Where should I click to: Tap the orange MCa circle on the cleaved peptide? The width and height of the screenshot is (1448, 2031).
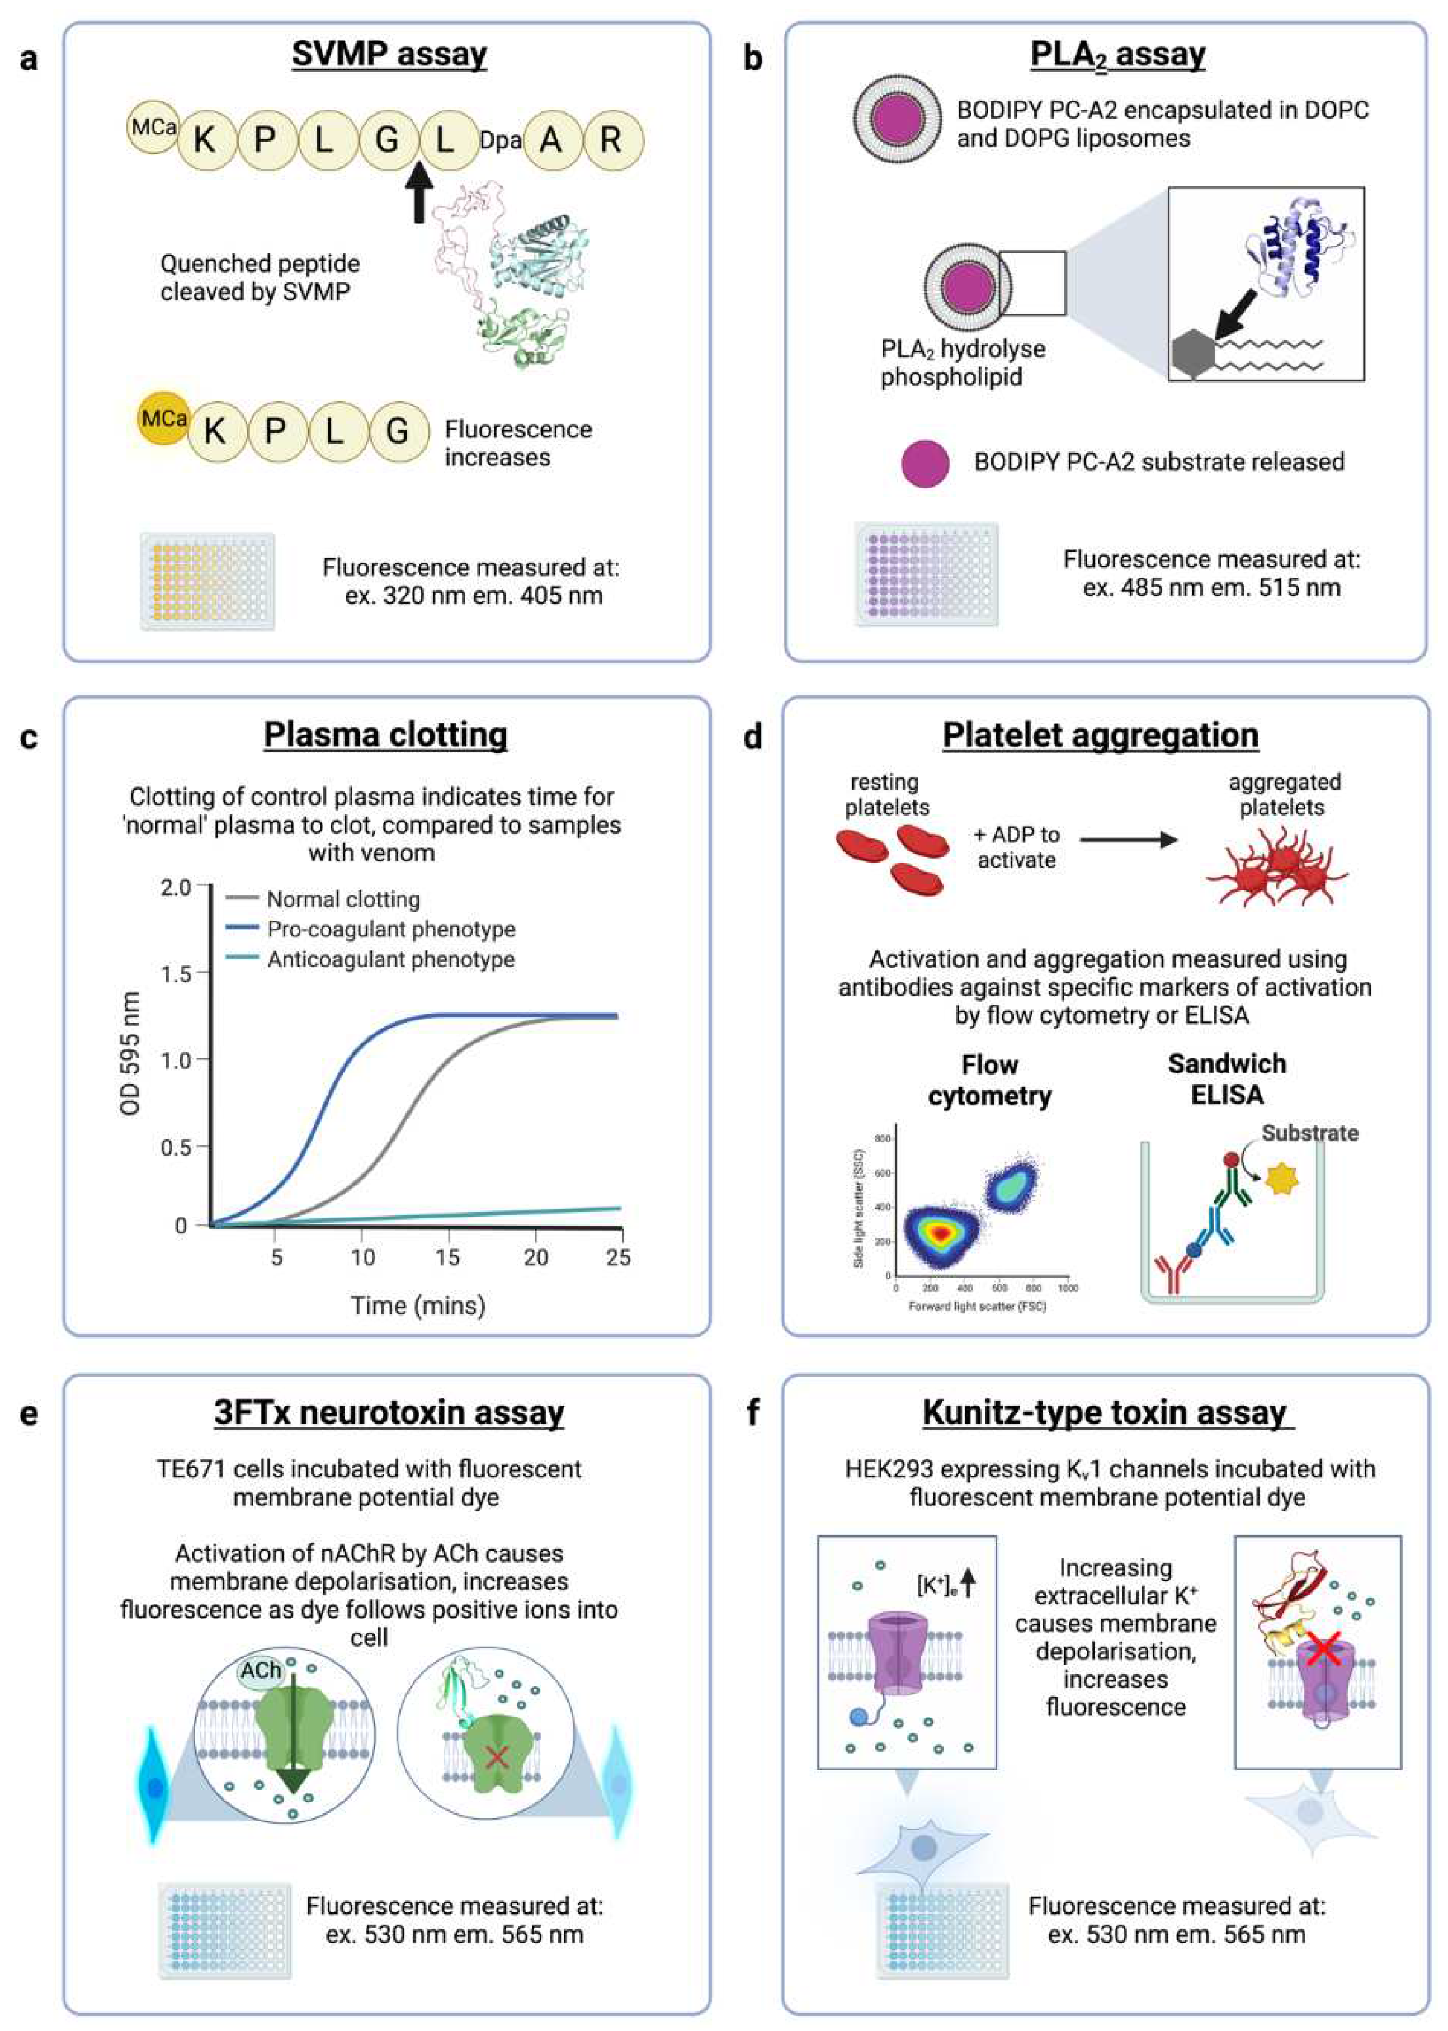click(163, 418)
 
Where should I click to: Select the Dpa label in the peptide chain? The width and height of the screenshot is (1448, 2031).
click(499, 140)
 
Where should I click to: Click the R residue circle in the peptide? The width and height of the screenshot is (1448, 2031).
click(611, 140)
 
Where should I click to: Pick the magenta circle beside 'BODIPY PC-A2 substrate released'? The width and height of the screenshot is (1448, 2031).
click(925, 463)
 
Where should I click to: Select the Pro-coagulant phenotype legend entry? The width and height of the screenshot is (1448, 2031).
click(390, 929)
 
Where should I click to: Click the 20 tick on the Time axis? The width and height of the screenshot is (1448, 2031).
click(535, 1257)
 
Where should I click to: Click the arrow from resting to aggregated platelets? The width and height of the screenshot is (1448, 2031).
click(1128, 839)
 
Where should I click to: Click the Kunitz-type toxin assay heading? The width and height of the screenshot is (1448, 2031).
click(1105, 1413)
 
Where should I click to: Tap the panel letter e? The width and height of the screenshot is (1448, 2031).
click(30, 1414)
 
